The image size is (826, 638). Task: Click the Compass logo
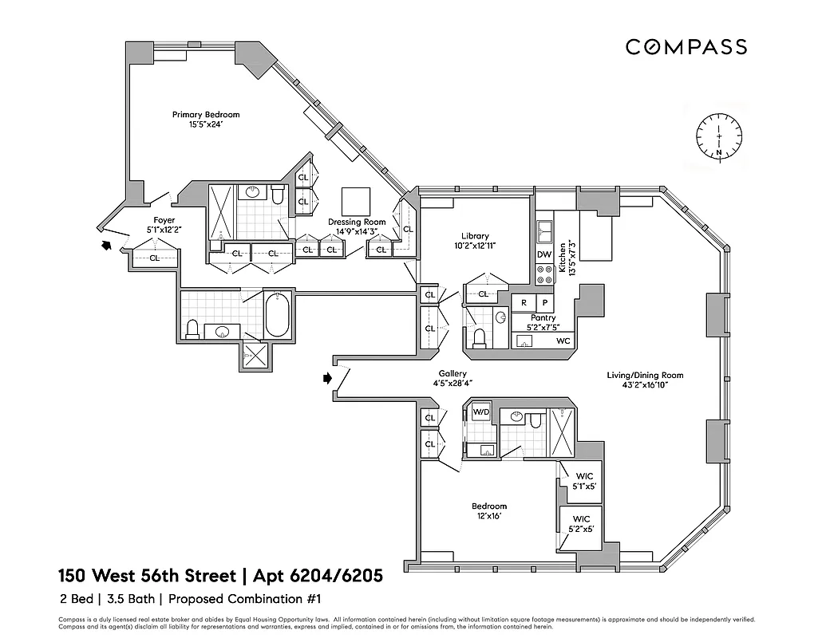coord(686,47)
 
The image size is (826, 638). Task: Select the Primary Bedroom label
coord(206,120)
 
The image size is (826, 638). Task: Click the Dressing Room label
coord(357,227)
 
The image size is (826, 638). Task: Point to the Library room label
coord(475,241)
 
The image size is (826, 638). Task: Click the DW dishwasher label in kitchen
coord(543,254)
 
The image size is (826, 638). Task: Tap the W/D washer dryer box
coord(481,412)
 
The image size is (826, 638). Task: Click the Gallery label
coord(453,379)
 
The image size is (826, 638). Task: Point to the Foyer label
coord(164,225)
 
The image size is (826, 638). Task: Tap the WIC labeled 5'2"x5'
coord(581,523)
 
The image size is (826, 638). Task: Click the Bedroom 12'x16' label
coord(488,511)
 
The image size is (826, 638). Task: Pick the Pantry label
coord(543,322)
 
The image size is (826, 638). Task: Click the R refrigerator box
coord(524,303)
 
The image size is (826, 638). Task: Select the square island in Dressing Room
coord(355,200)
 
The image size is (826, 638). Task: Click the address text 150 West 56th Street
coord(147,575)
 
